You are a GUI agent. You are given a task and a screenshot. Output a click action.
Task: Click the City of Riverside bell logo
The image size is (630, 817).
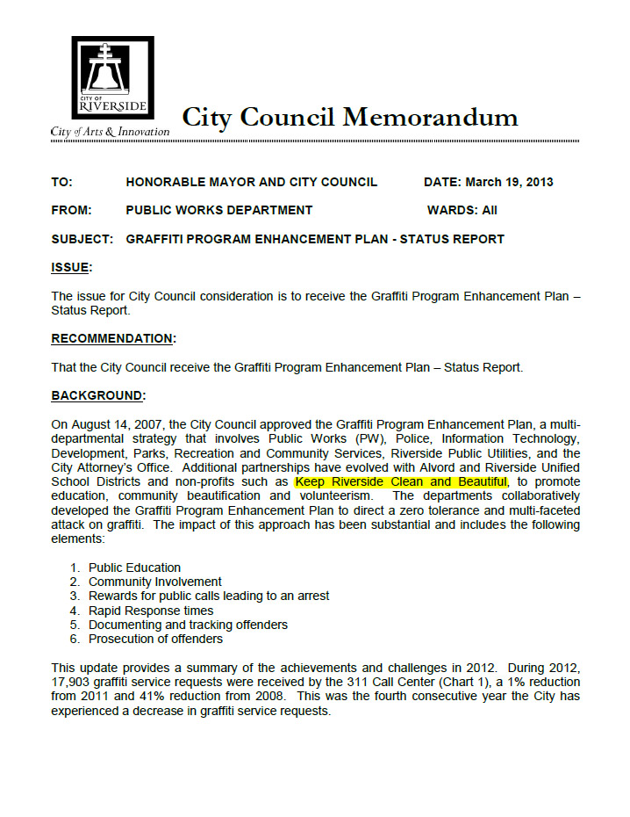pos(112,78)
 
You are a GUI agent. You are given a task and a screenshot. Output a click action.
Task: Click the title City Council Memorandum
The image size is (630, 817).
pos(349,117)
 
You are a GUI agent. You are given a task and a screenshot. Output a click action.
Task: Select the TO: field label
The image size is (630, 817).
pos(61,183)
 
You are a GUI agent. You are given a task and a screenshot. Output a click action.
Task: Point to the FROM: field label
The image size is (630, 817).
pos(71,211)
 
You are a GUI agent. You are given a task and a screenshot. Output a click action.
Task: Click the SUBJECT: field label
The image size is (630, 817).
pos(82,239)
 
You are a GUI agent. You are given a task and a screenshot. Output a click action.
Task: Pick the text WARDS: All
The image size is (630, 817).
pos(474,211)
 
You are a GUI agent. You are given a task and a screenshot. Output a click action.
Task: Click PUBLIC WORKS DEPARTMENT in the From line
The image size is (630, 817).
pos(219,211)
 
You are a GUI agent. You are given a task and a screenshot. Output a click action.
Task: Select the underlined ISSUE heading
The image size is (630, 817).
pos(71,267)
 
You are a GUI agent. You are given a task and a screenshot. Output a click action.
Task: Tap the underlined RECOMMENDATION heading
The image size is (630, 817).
pos(113,339)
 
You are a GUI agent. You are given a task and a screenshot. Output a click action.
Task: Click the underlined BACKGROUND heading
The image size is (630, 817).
pos(97,396)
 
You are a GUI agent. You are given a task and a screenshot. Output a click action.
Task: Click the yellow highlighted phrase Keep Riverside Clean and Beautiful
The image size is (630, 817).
pos(401,482)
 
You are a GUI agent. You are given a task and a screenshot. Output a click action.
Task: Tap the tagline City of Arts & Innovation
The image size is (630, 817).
pos(111,132)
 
